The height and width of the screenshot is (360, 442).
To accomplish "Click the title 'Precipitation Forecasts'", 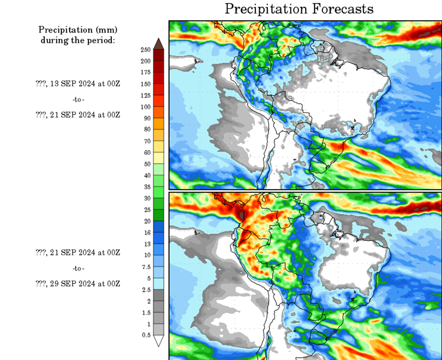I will tap(299, 9).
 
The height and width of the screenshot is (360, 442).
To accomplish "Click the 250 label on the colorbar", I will tap(146, 50).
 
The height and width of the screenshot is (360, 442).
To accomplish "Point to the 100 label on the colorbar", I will tap(146, 107).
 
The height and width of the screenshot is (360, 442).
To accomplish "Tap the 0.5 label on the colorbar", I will tap(146, 335).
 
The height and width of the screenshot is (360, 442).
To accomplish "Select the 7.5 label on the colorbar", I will tap(146, 267).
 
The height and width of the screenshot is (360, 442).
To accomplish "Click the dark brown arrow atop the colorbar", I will tap(159, 43).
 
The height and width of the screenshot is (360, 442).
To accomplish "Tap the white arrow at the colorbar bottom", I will tap(159, 341).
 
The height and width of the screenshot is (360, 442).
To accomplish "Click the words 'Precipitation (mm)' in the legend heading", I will tap(78, 30).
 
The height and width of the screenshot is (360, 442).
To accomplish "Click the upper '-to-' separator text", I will tap(78, 99).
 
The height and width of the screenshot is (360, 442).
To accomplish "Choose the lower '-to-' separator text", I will tap(78, 268).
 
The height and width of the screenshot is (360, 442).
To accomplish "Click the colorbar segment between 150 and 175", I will tap(159, 78).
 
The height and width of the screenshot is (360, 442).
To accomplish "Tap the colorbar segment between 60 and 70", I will tap(159, 147).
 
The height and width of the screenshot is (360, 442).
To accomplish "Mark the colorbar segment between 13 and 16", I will tap(159, 238).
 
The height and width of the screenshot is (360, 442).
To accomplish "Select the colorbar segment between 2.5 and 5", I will tap(159, 284).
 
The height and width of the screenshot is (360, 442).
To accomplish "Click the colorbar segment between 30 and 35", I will tap(159, 192).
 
